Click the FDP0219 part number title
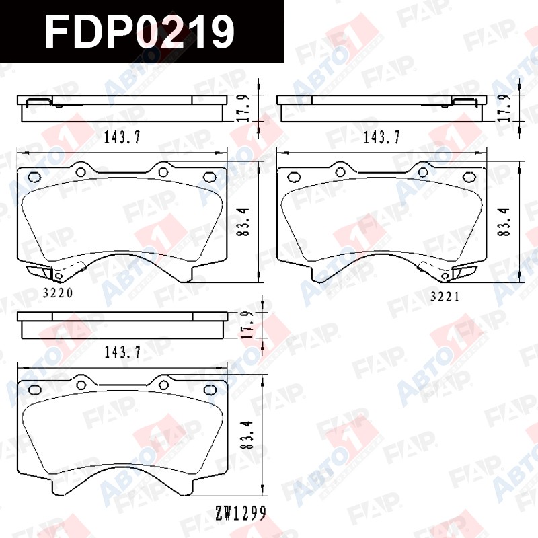[140, 31]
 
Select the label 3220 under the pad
[58, 293]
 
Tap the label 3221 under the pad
[445, 296]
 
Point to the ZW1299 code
[241, 513]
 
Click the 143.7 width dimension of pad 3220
[122, 138]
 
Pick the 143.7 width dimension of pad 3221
[381, 138]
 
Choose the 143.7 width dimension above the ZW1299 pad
[122, 352]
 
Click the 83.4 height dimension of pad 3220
[243, 222]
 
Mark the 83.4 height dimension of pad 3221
[504, 222]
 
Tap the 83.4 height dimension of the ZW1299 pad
[247, 435]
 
